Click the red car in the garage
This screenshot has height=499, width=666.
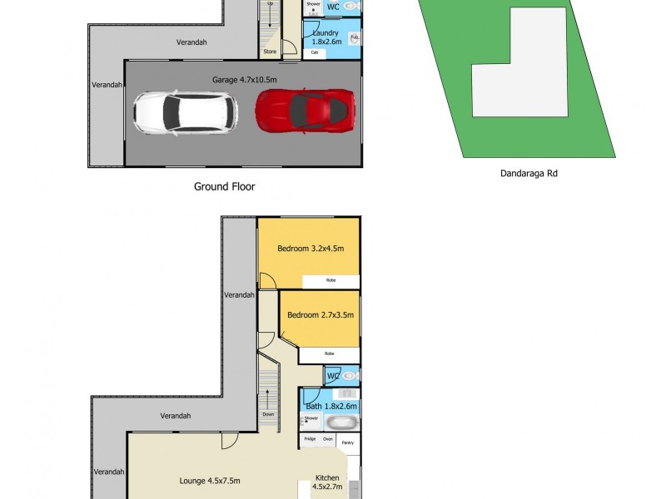pos(306,111)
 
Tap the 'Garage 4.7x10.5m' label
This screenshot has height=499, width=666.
pos(243,80)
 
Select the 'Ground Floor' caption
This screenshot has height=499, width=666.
pos(224,187)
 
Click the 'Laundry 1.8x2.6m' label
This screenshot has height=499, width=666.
pos(325,37)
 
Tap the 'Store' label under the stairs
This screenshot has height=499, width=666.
pos(269,52)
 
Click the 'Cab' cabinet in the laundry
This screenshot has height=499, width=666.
pos(315,52)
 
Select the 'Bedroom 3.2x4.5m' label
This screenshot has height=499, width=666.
pos(311,248)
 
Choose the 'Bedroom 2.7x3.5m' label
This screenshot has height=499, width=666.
pos(321,315)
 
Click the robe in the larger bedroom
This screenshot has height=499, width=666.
pos(331,281)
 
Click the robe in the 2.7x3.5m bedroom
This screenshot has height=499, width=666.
pos(329,354)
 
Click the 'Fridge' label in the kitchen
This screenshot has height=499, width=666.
pos(310,438)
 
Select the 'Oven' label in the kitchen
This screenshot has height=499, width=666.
pos(328,438)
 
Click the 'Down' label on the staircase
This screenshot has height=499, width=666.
pos(268,413)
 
